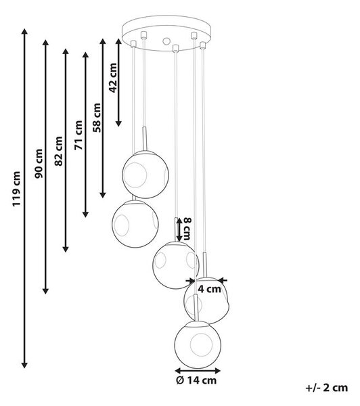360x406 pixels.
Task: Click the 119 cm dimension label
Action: pyautogui.click(x=16, y=189)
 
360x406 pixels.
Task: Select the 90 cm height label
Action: pyautogui.click(x=39, y=164)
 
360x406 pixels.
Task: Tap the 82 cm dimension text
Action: pyautogui.click(x=58, y=151)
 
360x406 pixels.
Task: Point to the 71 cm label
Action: pyautogui.click(x=78, y=135)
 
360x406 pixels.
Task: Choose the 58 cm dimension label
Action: pyautogui.click(x=97, y=118)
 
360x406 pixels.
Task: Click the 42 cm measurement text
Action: pyautogui.click(x=113, y=78)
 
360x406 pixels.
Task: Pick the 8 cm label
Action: pyautogui.click(x=187, y=229)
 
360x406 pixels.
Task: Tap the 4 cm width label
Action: pyautogui.click(x=209, y=289)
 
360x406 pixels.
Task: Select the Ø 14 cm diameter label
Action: pyautogui.click(x=196, y=380)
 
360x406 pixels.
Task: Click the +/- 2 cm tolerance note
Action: pyautogui.click(x=327, y=388)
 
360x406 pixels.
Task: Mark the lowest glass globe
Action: pyautogui.click(x=198, y=344)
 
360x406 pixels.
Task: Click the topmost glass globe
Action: pyautogui.click(x=145, y=175)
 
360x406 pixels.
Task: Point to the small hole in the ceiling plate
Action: pyautogui.click(x=166, y=41)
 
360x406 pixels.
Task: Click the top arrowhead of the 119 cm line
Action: pyautogui.click(x=24, y=32)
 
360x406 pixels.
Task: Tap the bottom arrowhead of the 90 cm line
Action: pyautogui.click(x=45, y=291)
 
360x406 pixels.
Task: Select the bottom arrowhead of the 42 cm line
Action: pyautogui.click(x=118, y=123)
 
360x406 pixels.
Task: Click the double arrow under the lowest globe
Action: pyautogui.click(x=198, y=371)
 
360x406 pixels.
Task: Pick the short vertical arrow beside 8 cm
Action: pyautogui.click(x=179, y=229)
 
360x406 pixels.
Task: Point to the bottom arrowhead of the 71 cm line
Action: pyautogui.click(x=85, y=214)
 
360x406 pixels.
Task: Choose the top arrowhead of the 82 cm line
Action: pyautogui.click(x=66, y=51)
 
